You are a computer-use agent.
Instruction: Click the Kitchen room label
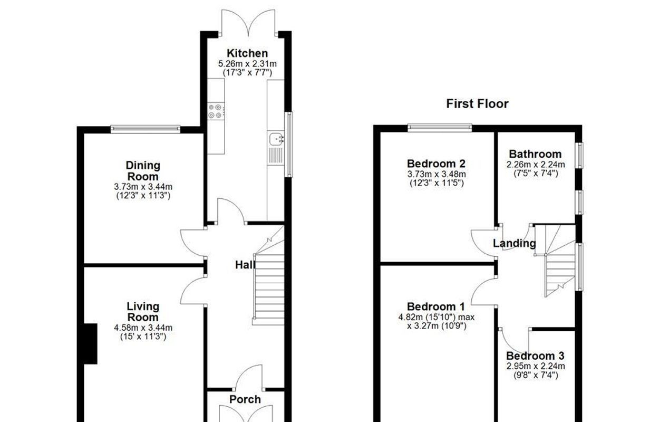tap(247, 53)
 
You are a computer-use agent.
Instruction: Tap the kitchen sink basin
tap(276, 139)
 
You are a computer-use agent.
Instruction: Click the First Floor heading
tap(477, 104)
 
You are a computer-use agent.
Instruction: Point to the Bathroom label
tap(535, 154)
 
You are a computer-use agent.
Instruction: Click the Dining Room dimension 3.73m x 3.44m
tap(143, 187)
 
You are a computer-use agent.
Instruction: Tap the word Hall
tap(245, 265)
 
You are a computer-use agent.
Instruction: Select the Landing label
tap(514, 243)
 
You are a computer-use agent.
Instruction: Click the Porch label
tap(245, 399)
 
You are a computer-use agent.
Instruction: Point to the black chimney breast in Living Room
tap(90, 344)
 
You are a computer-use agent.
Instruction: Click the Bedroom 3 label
tap(535, 356)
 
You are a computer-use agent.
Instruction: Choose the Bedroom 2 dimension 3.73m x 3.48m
tap(437, 174)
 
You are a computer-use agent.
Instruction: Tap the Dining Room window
tap(146, 129)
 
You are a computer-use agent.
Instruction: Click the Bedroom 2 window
tap(440, 128)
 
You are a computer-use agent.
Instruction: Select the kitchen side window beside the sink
tap(289, 145)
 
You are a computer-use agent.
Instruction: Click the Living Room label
tap(143, 312)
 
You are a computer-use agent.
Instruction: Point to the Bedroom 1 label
tap(436, 306)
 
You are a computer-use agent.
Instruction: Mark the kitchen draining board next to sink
tap(276, 156)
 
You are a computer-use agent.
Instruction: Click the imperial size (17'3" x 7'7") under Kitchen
tap(247, 73)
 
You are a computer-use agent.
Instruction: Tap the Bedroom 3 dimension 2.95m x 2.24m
tap(536, 366)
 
